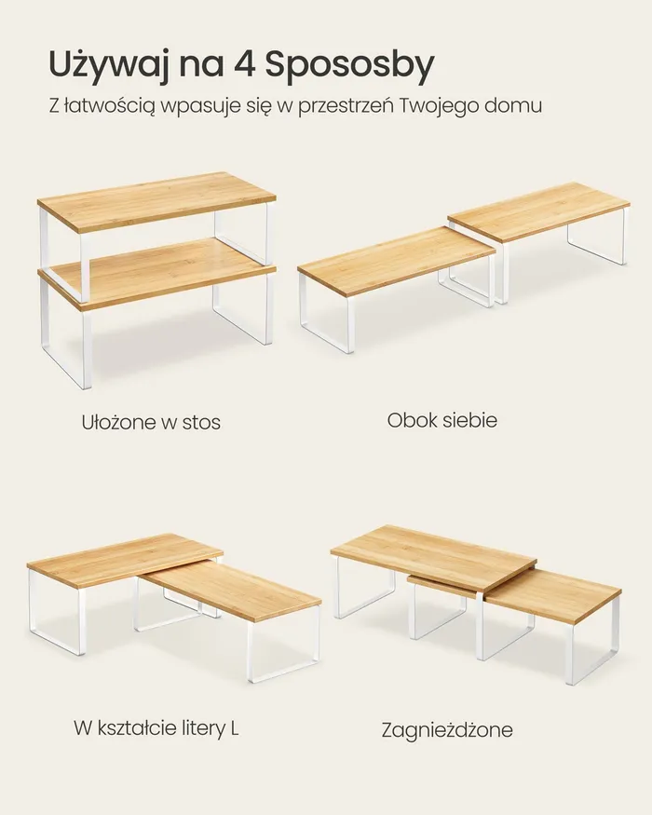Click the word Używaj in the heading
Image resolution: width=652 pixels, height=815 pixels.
coord(109,65)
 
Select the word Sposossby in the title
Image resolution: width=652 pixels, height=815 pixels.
coord(349,66)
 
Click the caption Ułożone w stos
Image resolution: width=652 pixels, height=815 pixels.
coord(151,422)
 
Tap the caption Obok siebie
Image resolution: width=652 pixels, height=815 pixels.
coord(441,420)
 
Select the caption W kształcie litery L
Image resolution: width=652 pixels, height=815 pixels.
coord(156,727)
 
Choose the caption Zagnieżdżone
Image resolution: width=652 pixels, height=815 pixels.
coord(447,730)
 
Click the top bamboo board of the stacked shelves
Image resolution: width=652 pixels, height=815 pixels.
coord(156,199)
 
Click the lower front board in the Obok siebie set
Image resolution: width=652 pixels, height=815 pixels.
coord(396,263)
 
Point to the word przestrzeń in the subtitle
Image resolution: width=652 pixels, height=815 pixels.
coord(345,106)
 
